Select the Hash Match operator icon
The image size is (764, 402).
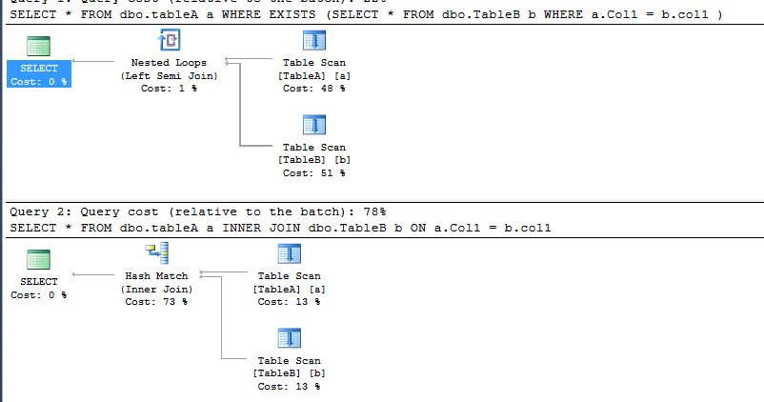coord(156,253)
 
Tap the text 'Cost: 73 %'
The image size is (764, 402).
coord(156,301)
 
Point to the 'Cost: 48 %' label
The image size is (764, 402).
coord(313,88)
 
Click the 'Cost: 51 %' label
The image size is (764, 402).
coord(313,172)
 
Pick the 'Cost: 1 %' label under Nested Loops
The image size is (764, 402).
coord(169,88)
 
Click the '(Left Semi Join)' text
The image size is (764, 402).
coord(169,75)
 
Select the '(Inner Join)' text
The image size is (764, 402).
coord(156,289)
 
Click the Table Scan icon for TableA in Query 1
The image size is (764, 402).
coord(313,40)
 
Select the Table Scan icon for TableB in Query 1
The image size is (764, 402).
coord(313,125)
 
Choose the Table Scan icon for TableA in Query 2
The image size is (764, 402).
coord(289,253)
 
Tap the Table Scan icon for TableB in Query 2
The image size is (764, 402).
coord(289,338)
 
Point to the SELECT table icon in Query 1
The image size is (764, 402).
coord(38,46)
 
